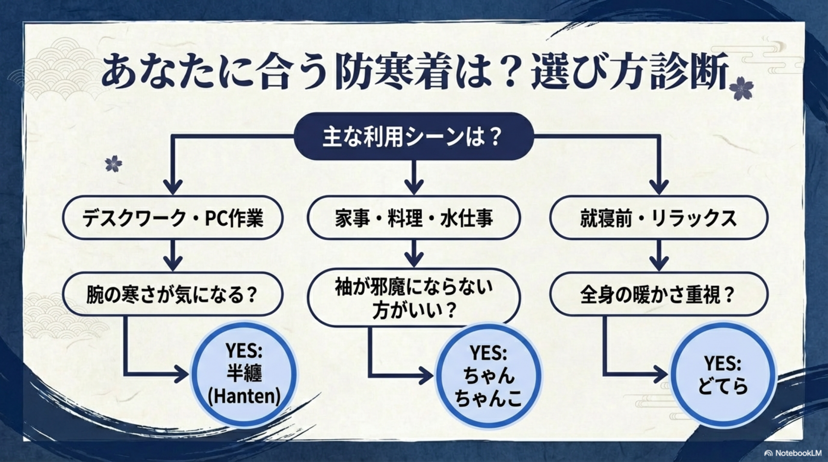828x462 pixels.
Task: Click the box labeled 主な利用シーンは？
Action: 414,137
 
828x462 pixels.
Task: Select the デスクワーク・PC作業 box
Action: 172,218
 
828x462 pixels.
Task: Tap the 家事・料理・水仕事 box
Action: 414,218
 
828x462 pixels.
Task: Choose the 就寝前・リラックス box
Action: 659,218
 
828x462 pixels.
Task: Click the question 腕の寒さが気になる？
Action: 172,294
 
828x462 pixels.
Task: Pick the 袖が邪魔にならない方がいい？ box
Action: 414,297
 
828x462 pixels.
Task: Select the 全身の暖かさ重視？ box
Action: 659,294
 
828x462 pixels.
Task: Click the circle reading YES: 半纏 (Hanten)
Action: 244,374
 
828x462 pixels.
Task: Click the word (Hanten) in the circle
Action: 244,396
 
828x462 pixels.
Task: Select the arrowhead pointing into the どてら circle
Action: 660,374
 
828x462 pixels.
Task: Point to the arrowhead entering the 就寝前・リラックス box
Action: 659,186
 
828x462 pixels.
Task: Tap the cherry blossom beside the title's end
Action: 741,88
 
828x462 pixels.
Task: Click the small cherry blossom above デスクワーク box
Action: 113,163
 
